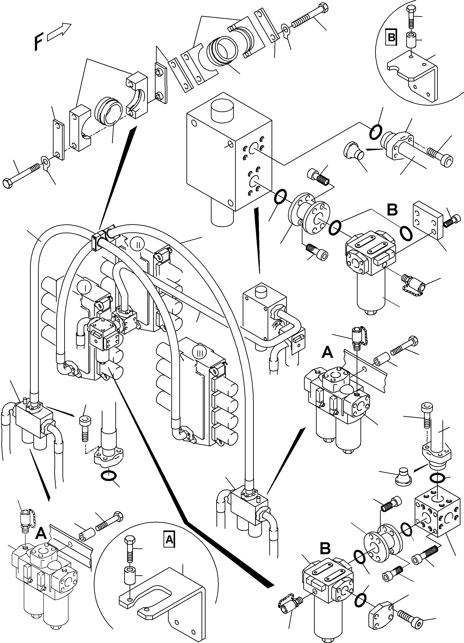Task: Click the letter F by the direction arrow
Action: (38, 42)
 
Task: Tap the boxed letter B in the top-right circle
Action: (391, 37)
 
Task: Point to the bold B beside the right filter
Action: (392, 210)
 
